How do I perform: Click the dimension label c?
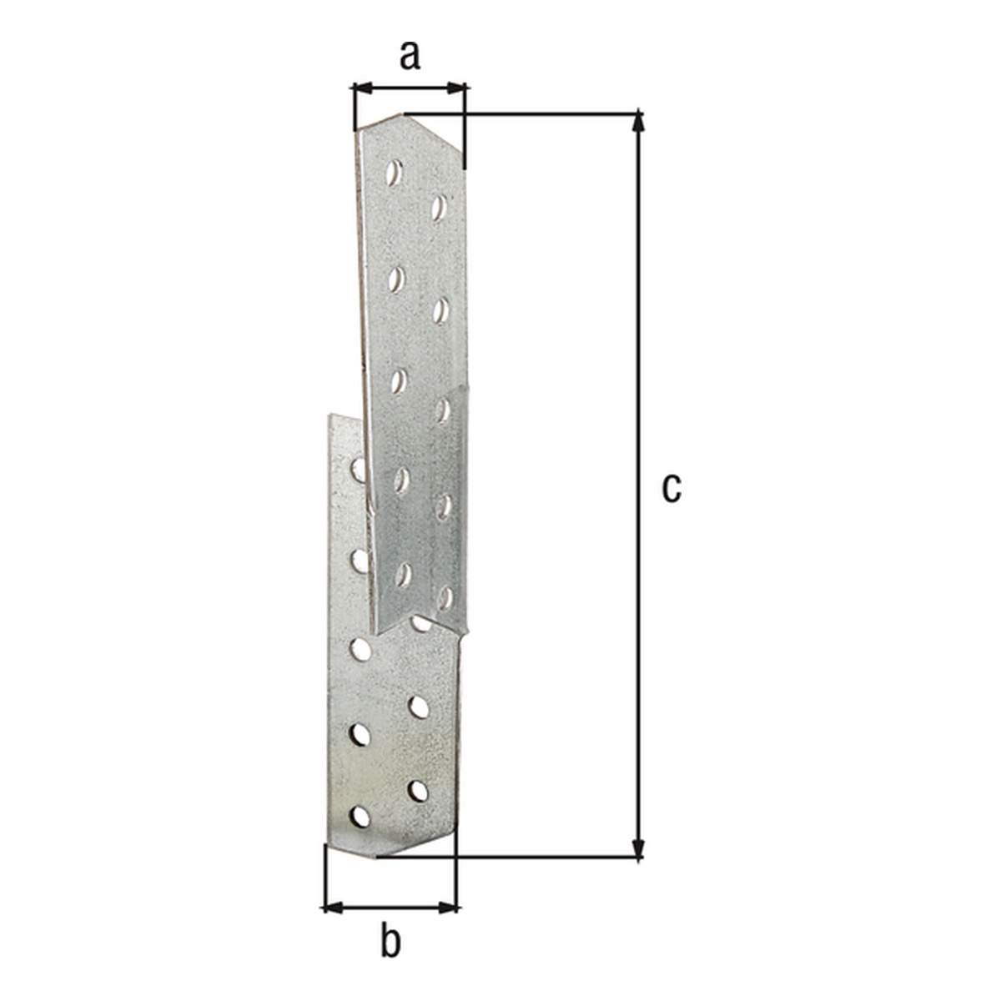(672, 488)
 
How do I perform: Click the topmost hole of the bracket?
(394, 173)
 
